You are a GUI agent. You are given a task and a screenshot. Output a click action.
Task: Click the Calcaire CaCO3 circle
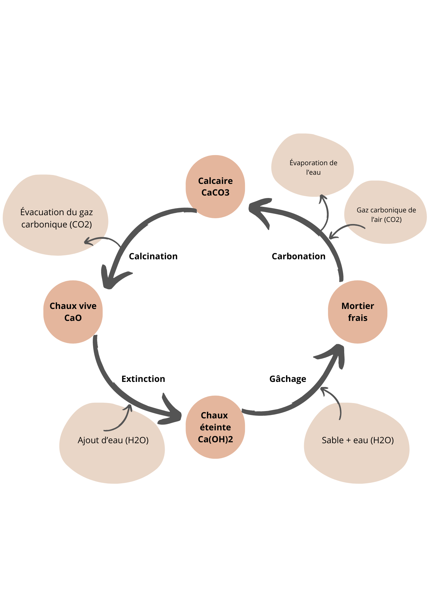click(215, 186)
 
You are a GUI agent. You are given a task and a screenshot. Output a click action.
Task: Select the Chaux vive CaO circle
click(73, 312)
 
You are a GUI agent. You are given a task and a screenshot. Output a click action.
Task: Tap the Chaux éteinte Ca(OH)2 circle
click(215, 427)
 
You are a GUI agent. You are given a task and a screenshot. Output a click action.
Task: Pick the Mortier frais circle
click(357, 312)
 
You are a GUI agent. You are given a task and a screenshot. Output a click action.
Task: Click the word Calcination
click(153, 256)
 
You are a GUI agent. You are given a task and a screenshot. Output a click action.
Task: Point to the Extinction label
click(143, 379)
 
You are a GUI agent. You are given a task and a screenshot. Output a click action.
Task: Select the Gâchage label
click(288, 379)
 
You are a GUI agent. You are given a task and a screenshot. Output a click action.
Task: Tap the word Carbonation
click(299, 256)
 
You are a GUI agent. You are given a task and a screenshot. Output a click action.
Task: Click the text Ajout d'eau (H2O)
click(113, 440)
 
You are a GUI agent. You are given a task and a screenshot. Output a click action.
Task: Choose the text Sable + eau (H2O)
click(358, 440)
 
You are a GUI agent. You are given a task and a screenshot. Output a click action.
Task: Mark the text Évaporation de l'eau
click(313, 167)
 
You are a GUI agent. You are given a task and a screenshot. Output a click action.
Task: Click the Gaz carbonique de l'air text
click(386, 215)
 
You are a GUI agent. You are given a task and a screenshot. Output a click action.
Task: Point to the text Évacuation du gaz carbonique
click(57, 218)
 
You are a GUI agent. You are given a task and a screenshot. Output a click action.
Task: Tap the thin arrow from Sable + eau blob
click(335, 402)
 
